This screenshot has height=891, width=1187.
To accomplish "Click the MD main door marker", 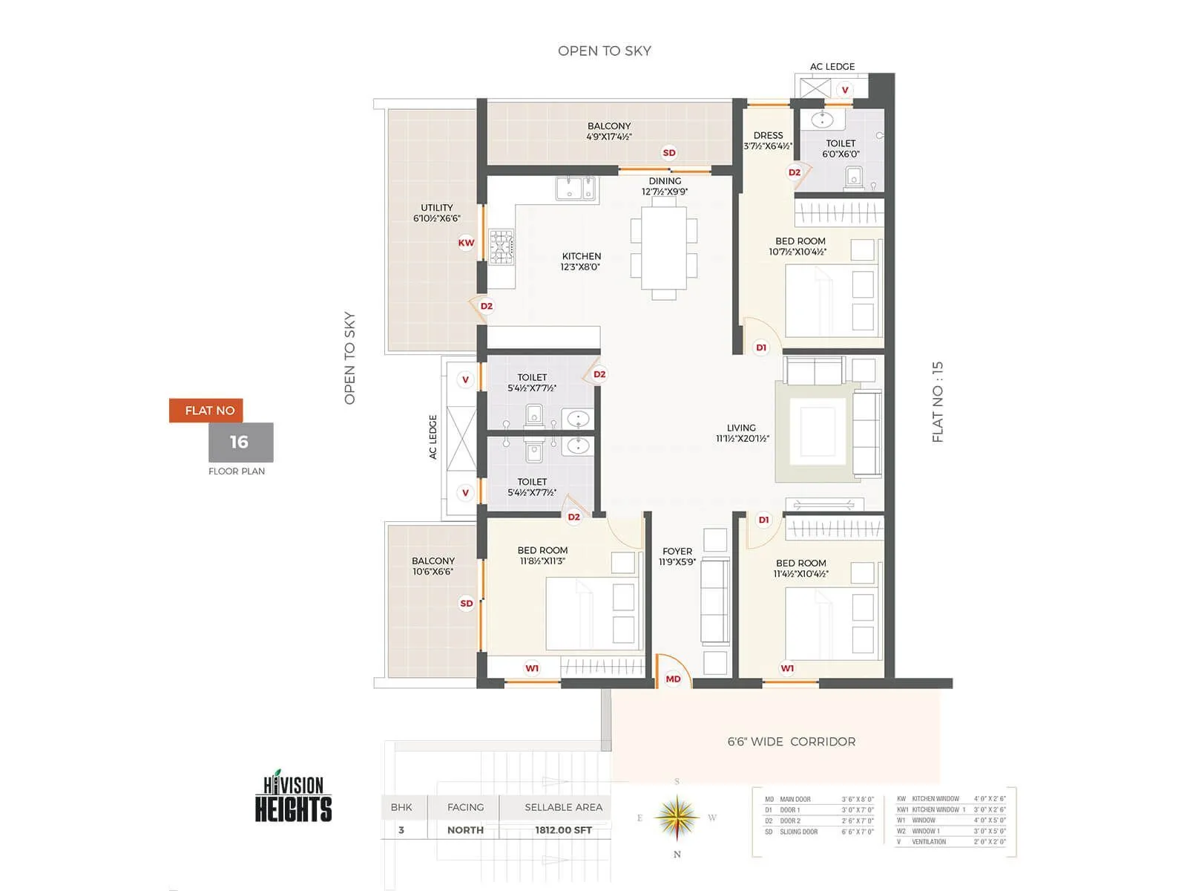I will tap(673, 679).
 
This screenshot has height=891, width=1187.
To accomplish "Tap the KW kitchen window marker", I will tap(466, 243).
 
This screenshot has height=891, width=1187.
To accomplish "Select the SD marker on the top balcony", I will tap(669, 153).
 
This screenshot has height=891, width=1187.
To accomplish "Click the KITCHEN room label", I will tap(581, 261).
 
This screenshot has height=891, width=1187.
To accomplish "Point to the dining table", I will tap(664, 248).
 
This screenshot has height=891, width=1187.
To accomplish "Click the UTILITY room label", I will tap(437, 213).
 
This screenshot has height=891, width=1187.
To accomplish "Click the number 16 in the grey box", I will tap(240, 443).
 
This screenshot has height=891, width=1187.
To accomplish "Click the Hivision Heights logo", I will tap(294, 797).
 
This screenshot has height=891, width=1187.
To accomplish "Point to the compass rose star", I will tap(677, 817).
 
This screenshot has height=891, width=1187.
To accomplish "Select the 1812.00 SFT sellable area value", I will tap(563, 830).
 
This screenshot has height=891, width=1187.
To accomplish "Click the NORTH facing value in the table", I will tap(465, 830).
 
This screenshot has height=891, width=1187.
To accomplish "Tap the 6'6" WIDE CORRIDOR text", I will tap(791, 742).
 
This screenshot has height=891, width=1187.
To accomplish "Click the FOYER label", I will tap(677, 556).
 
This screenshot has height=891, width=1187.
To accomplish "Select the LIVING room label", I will tap(742, 433).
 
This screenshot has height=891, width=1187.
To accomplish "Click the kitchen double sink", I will tap(576, 189).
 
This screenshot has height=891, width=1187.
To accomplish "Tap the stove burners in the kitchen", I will tap(502, 247).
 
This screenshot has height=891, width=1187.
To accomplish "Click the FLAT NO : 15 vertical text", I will tap(938, 402).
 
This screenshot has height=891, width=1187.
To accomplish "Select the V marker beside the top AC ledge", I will tap(844, 90).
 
